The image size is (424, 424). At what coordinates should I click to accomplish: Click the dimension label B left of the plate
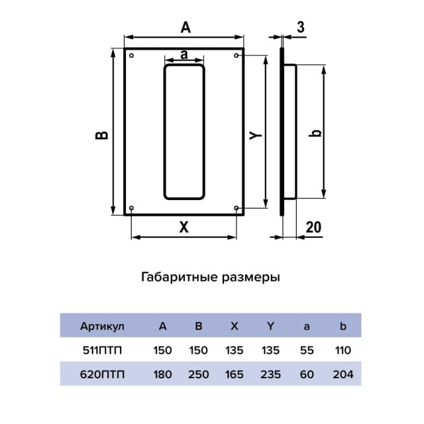pyautogui.click(x=101, y=134)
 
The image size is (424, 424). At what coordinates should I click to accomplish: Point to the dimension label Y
pyautogui.click(x=256, y=134)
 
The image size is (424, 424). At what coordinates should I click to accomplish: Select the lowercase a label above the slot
pyautogui.click(x=184, y=54)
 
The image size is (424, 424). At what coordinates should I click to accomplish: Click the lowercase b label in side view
pyautogui.click(x=317, y=133)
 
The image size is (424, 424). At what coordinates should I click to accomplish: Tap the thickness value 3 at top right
pyautogui.click(x=301, y=27)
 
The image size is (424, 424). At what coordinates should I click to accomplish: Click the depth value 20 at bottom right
pyautogui.click(x=313, y=227)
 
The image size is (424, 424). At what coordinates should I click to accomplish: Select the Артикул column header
pyautogui.click(x=102, y=326)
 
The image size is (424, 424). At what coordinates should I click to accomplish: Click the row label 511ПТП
pyautogui.click(x=102, y=350)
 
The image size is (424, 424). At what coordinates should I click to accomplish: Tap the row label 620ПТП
pyautogui.click(x=102, y=374)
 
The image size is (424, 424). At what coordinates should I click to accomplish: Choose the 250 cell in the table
pyautogui.click(x=198, y=374)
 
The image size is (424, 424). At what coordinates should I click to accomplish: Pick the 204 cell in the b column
pyautogui.click(x=343, y=374)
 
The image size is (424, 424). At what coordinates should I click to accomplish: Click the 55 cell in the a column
pyautogui.click(x=306, y=350)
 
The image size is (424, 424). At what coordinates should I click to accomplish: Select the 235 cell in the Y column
pyautogui.click(x=270, y=374)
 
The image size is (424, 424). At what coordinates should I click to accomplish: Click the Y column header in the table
pyautogui.click(x=270, y=326)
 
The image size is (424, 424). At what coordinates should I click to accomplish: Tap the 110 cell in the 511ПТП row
pyautogui.click(x=343, y=350)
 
